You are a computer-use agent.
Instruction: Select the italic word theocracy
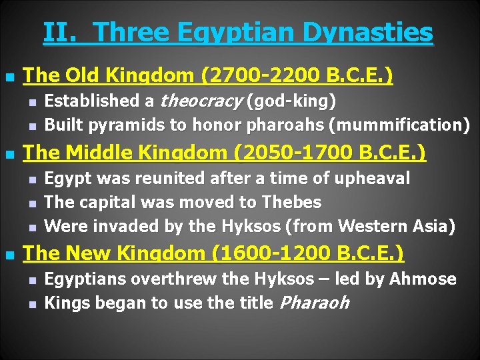(x=201, y=101)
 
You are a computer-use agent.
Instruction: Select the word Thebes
(x=291, y=202)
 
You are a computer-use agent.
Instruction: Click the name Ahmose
(x=424, y=279)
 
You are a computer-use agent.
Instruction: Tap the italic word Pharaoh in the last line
(x=313, y=303)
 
